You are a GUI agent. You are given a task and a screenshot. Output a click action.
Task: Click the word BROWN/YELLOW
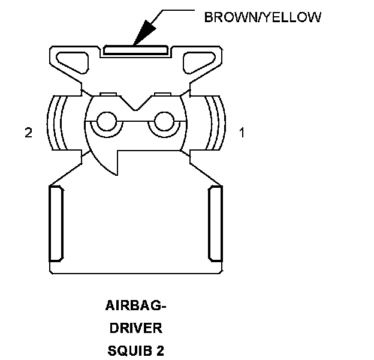263,17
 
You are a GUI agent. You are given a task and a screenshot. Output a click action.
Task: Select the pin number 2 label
28,133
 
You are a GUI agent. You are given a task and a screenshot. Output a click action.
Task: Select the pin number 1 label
242,133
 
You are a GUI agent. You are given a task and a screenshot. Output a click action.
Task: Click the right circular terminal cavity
162,122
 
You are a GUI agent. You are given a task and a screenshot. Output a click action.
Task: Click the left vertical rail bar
55,223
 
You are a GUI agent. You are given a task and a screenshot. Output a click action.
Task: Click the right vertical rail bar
215,223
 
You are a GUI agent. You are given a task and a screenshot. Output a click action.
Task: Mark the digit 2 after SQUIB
160,349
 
